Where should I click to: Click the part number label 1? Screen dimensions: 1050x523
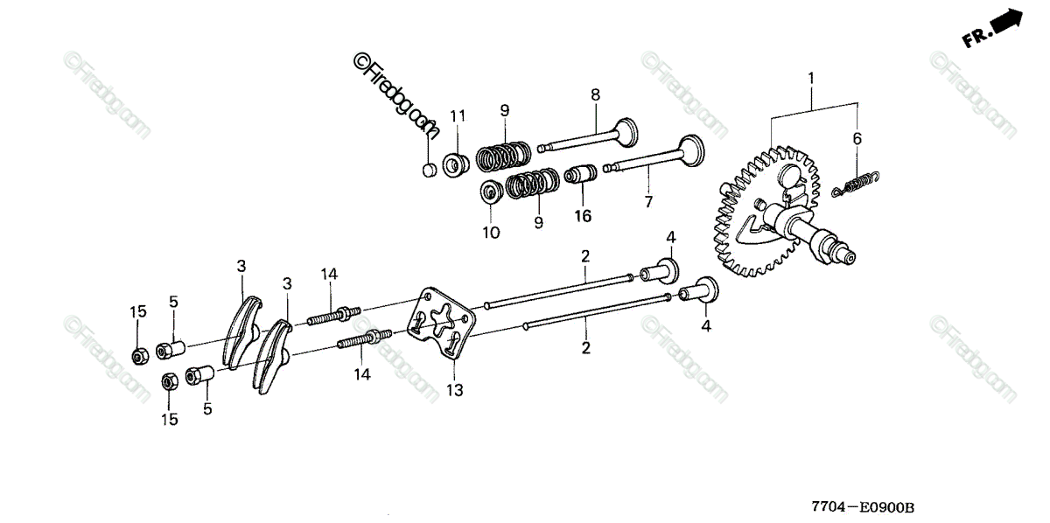click(x=811, y=80)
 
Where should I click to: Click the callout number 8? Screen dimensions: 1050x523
click(x=595, y=94)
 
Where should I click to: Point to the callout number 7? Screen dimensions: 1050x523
click(x=648, y=202)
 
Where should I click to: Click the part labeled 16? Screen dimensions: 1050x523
click(x=579, y=175)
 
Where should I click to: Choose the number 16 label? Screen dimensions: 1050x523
click(x=583, y=215)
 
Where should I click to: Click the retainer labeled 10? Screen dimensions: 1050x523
click(x=492, y=190)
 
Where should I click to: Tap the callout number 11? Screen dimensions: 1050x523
click(x=458, y=115)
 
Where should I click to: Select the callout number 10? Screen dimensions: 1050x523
click(x=490, y=233)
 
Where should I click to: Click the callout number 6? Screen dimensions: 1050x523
click(x=857, y=138)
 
